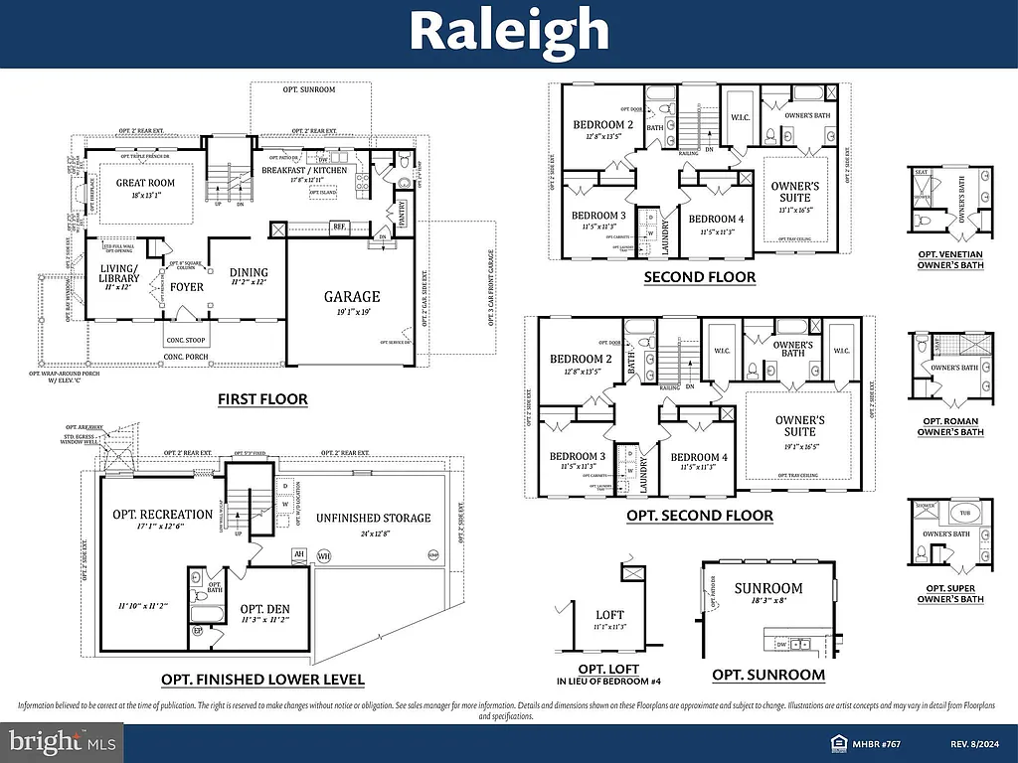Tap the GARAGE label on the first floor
pos(351,296)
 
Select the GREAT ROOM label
pos(145,183)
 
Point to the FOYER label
pos(186,287)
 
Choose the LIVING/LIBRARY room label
pos(119,273)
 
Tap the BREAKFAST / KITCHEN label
pos(304,170)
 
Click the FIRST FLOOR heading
pos(262,399)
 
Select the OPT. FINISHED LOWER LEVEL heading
pos(262,680)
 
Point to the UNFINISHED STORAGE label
pos(374,518)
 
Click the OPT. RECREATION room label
pos(162,514)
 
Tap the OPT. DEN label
pos(264,609)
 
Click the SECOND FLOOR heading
pos(699,277)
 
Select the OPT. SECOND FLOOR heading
pos(699,516)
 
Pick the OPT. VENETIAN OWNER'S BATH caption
pos(950,260)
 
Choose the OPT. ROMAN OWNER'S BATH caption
pos(950,426)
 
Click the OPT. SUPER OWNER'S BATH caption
pos(950,593)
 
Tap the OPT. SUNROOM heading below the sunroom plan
pos(767,675)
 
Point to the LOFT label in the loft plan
pos(609,615)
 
